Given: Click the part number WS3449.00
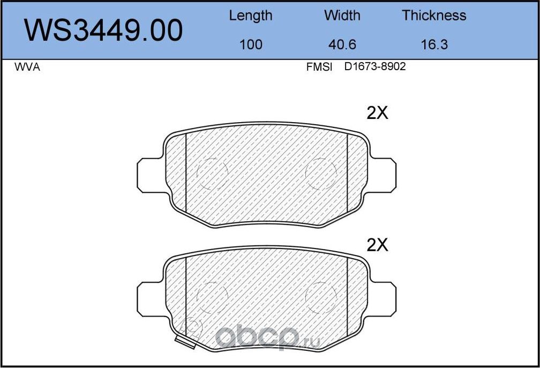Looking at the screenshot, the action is coord(103,31).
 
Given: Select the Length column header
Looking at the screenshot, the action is coord(251,16).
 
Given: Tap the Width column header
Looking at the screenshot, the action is coord(342,16).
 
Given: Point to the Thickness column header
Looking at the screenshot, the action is coord(434,16).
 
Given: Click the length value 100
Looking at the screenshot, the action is coord(251,45).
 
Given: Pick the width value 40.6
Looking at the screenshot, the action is coord(342,45).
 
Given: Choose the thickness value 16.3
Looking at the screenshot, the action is coord(434,45).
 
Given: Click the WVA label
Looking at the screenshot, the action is coord(27,67).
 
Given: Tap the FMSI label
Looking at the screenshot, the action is coord(319,67).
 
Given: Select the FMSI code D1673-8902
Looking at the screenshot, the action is coord(375,66).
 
